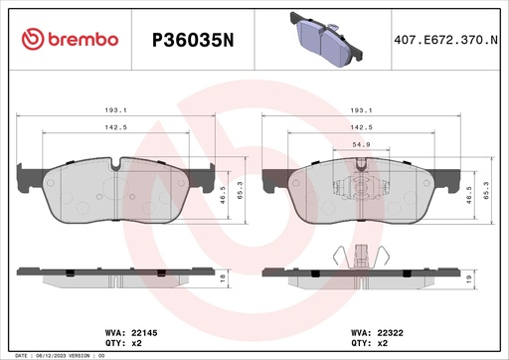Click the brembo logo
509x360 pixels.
[70, 39]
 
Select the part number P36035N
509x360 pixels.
[191, 40]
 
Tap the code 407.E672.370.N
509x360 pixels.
[444, 40]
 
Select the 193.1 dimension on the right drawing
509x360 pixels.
[363, 111]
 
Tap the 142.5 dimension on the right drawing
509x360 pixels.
[363, 128]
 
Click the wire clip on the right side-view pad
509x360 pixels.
[355, 256]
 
